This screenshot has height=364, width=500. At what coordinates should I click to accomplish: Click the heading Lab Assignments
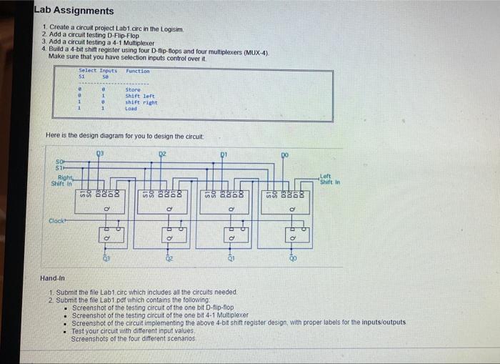(x=74, y=11)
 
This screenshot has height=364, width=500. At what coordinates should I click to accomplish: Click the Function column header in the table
(x=137, y=72)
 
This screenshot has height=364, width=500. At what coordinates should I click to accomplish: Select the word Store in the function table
(x=132, y=90)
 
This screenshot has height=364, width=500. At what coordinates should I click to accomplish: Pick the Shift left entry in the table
(x=139, y=97)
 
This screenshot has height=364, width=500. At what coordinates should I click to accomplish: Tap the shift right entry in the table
(x=141, y=103)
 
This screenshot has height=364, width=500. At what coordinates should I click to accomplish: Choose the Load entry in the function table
(x=131, y=109)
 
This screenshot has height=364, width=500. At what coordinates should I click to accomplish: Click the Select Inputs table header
(x=97, y=72)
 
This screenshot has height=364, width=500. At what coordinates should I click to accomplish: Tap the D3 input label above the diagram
(x=100, y=153)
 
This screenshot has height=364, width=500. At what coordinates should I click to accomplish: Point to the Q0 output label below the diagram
(x=291, y=261)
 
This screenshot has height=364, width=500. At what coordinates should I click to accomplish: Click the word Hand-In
(x=53, y=277)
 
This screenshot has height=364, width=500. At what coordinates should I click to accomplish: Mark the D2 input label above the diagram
(x=162, y=153)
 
